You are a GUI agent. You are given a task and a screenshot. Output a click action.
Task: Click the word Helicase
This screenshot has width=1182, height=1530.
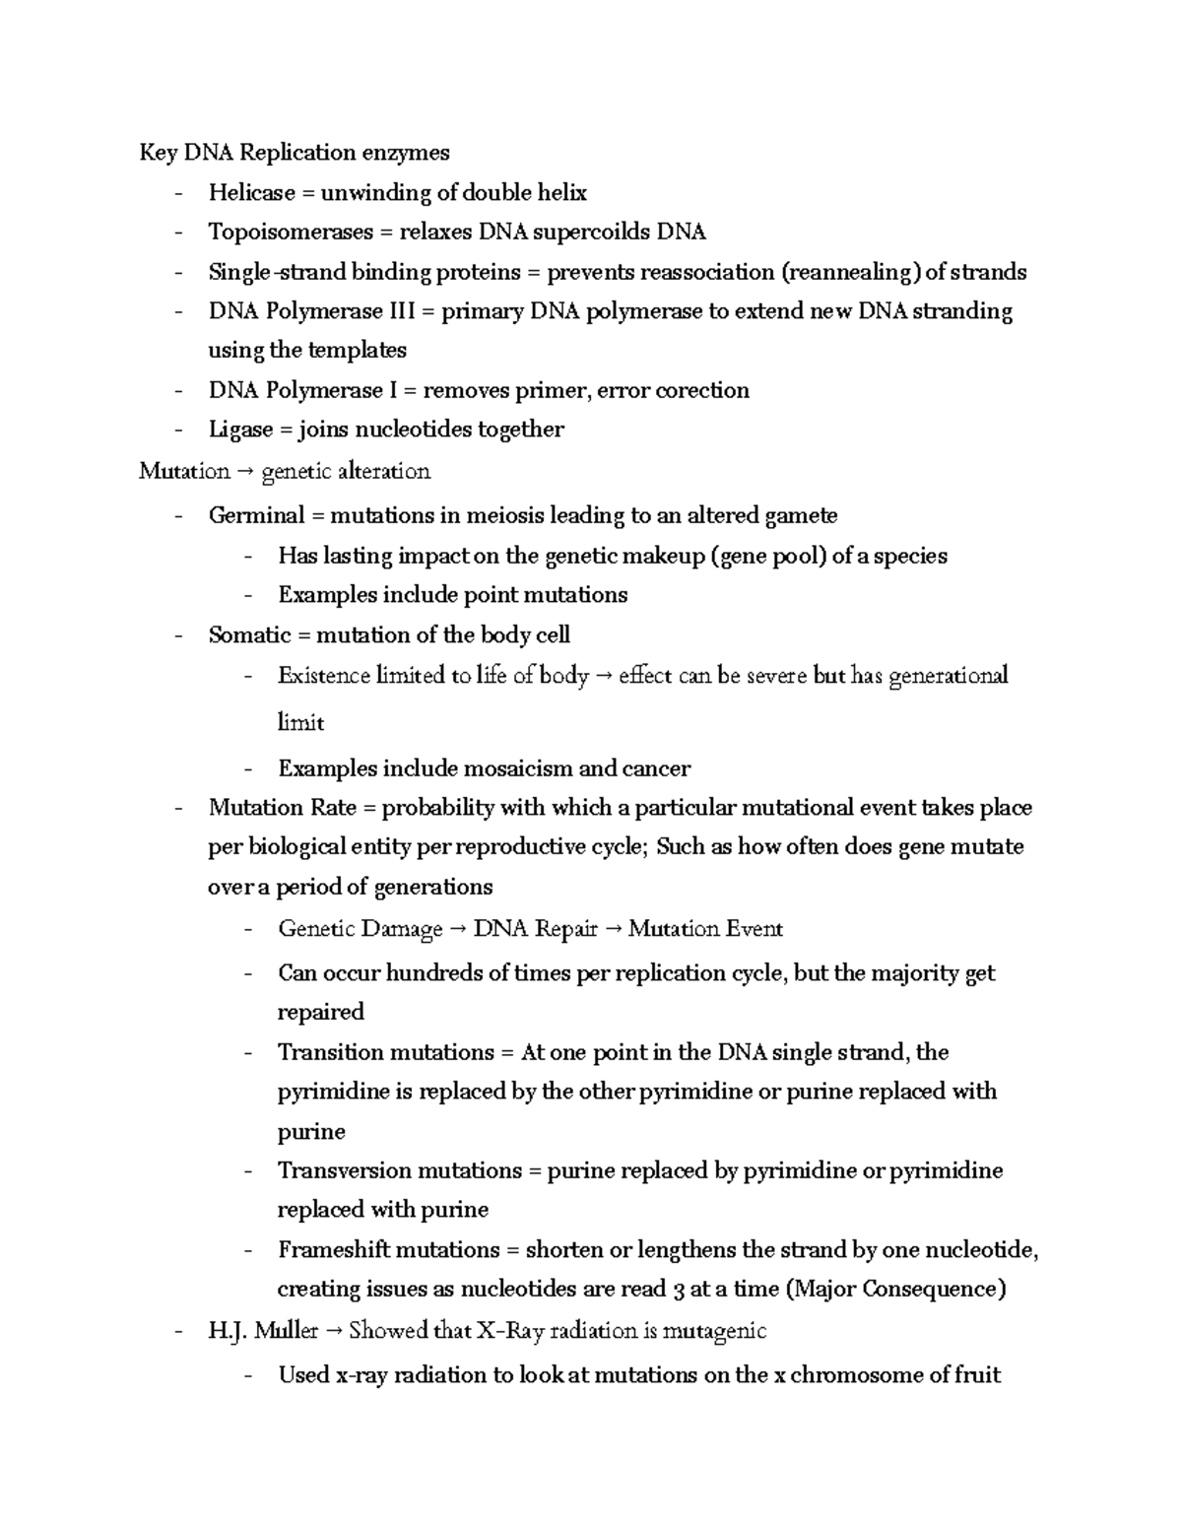point(251,192)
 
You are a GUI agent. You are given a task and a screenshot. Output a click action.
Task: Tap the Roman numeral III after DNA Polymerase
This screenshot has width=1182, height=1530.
point(398,311)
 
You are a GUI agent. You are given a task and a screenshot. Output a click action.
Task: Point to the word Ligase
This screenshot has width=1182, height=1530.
point(240,430)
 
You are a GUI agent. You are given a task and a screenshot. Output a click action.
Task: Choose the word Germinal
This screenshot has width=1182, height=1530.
point(256,515)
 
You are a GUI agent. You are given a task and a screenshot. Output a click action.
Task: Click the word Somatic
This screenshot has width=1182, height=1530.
point(249,635)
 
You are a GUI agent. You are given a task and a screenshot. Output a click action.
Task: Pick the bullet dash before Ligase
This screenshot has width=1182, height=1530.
point(178,431)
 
